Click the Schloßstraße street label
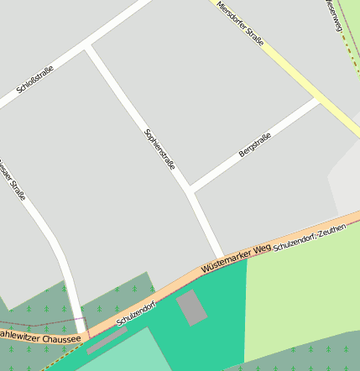(35, 81)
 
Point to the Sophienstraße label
(160, 149)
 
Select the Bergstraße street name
(255, 145)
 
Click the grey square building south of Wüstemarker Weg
(192, 307)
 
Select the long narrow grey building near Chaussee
(107, 340)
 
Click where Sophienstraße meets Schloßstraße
(88, 48)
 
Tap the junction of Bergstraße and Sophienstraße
(191, 188)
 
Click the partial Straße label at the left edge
(13, 177)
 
